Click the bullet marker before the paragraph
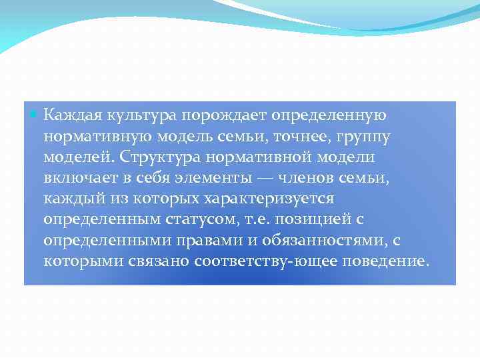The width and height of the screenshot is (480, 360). coord(35,115)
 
